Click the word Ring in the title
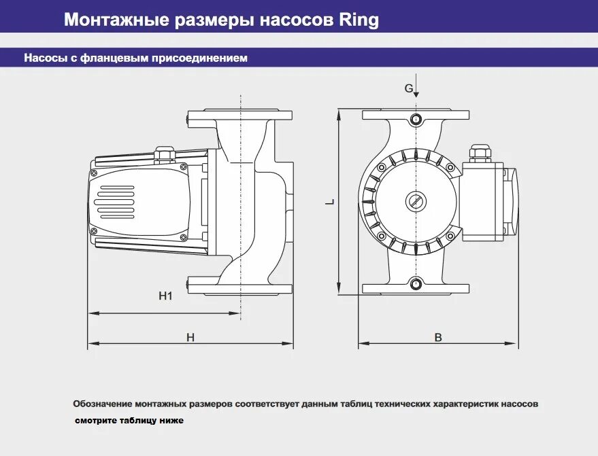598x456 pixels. pos(358,20)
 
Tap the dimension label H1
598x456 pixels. pos(165,296)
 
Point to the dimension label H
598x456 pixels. pos(190,337)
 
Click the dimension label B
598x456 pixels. pos(438,337)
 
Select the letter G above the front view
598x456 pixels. pos(409,88)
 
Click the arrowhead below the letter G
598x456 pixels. pos(416,96)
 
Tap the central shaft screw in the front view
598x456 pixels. pos(416,201)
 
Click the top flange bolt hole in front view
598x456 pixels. pos(416,120)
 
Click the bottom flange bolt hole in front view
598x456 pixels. pos(416,283)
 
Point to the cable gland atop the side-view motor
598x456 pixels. pos(164,154)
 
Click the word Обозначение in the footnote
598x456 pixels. pos(103,404)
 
